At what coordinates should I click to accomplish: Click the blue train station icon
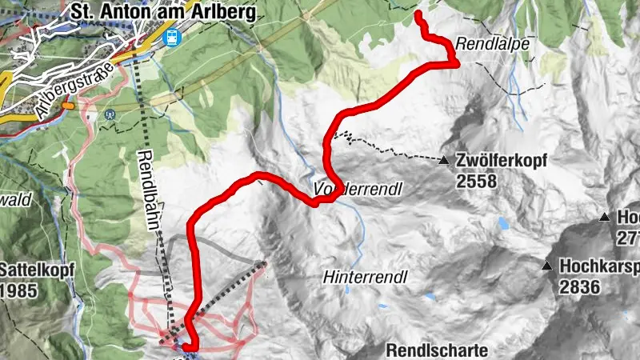[170, 36]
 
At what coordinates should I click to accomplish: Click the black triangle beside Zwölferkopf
[444, 161]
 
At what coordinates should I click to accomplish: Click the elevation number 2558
[477, 182]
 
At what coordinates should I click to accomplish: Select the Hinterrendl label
[366, 277]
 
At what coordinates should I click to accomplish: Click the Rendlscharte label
[437, 350]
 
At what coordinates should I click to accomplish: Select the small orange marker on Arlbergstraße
[68, 104]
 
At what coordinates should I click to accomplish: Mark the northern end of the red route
[419, 14]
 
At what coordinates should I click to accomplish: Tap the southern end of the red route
[190, 346]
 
